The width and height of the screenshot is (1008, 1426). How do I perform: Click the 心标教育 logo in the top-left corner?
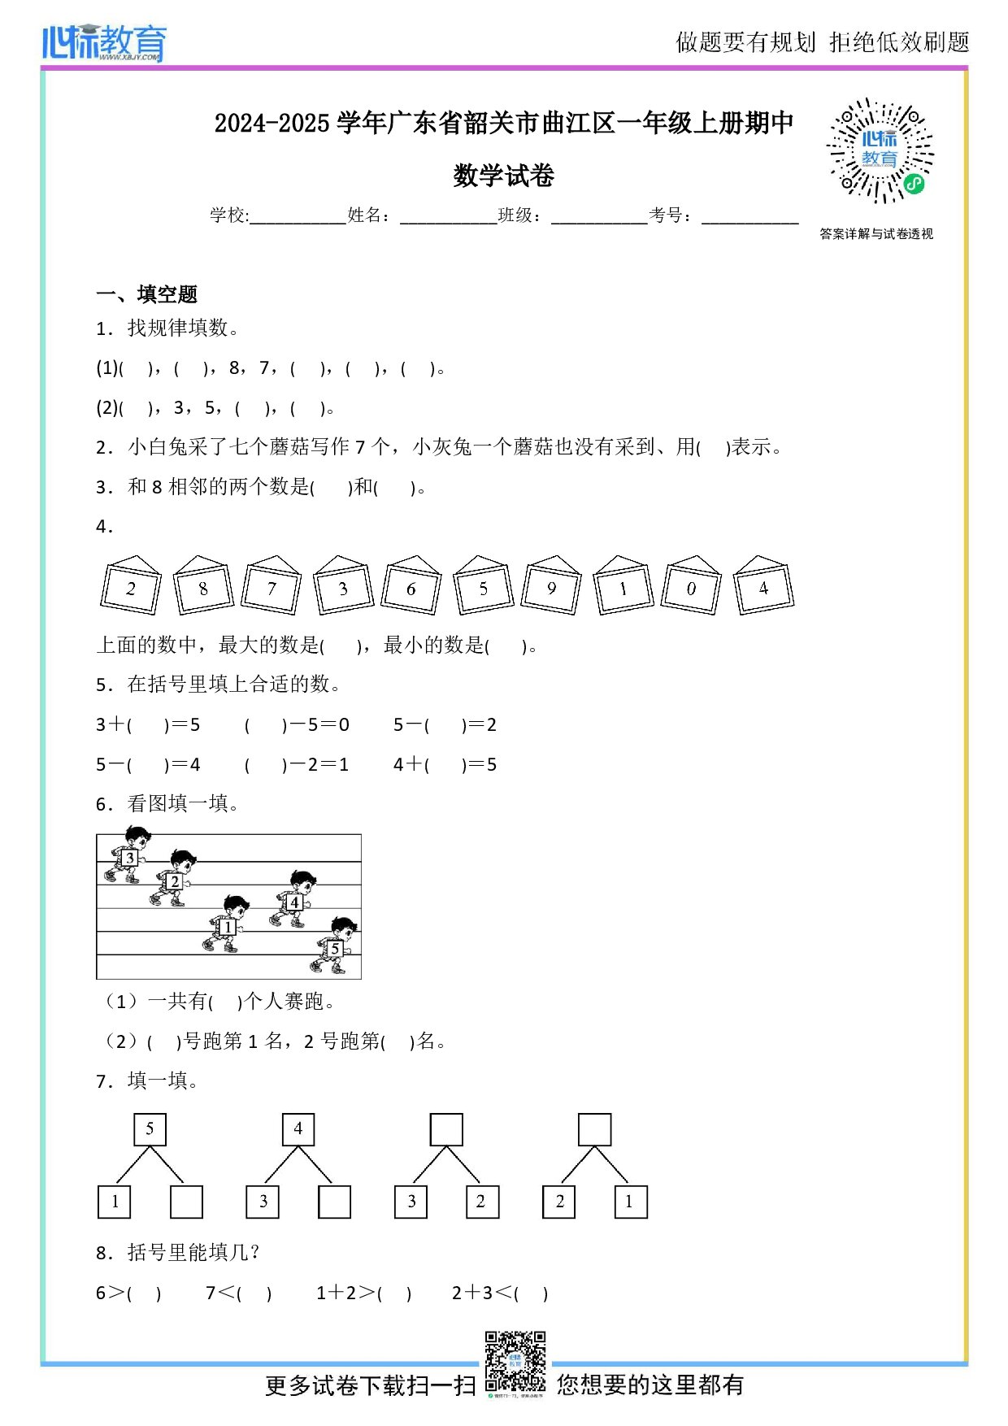(104, 42)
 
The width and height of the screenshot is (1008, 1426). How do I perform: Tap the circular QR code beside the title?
(880, 151)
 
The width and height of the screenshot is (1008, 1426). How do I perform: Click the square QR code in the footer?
(515, 1362)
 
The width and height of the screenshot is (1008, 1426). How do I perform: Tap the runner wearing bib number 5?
(334, 945)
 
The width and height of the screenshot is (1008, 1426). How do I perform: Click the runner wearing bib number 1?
(226, 924)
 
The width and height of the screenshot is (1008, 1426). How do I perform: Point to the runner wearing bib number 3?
(127, 855)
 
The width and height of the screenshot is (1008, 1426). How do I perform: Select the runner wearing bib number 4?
(293, 899)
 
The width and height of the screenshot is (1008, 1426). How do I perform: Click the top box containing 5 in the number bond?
(150, 1129)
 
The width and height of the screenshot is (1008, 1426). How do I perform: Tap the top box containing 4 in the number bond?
(298, 1129)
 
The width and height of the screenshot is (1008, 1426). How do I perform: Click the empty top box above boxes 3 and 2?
(446, 1129)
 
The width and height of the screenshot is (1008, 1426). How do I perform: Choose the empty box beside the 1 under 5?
(186, 1202)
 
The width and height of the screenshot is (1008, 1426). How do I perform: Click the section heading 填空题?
(167, 294)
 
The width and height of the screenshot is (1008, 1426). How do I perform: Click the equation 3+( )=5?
(148, 724)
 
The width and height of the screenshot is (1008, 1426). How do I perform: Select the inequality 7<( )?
(238, 1293)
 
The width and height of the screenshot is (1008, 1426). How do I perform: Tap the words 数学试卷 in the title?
(504, 176)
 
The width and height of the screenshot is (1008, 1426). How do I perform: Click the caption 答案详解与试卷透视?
(876, 234)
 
